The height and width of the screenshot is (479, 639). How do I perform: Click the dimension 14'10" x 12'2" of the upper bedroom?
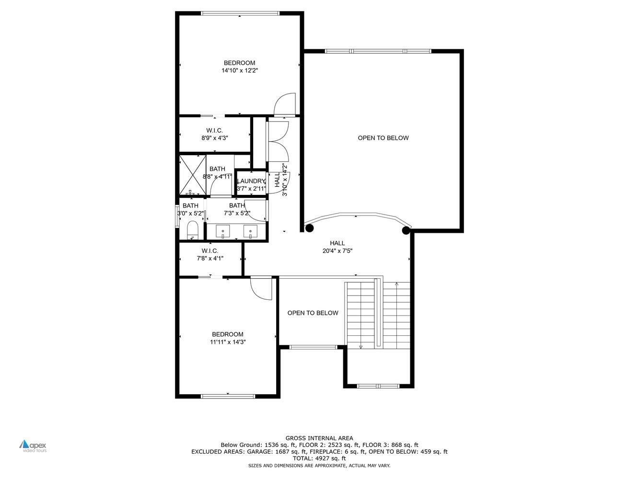(239, 71)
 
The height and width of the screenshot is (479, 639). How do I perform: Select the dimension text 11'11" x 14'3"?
(228, 342)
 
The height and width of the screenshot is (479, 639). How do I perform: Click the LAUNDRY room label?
(251, 181)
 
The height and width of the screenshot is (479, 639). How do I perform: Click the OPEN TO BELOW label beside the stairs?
(313, 313)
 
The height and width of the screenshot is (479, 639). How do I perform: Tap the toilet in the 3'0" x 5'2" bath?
(193, 229)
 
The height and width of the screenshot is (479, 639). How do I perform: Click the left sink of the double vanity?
(223, 232)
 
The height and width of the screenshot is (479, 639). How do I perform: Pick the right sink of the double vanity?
(250, 232)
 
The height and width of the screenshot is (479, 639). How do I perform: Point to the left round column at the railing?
(309, 228)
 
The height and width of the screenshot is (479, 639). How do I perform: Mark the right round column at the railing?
(406, 230)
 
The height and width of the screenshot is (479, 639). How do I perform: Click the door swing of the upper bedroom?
(286, 104)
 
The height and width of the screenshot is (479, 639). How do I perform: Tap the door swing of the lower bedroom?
(262, 289)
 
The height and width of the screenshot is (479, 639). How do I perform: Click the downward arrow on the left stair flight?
(360, 346)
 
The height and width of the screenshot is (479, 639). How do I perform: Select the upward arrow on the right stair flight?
(396, 285)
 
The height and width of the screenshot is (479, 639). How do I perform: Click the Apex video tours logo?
(33, 445)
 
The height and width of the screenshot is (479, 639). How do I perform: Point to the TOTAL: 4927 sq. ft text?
(319, 458)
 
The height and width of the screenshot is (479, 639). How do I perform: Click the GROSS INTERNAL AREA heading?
(319, 438)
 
